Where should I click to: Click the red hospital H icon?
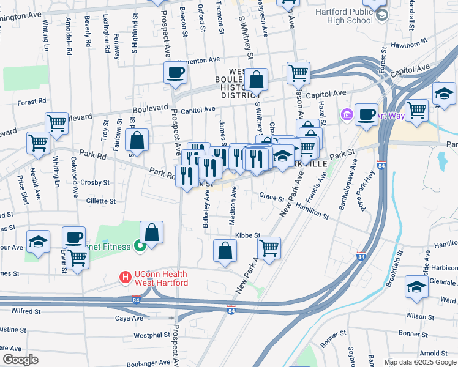pos(126,278)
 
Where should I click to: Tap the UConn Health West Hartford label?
pos(160,278)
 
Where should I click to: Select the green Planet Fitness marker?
pos(139,247)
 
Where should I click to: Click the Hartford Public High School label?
pos(343,16)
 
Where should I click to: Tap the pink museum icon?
pos(347,114)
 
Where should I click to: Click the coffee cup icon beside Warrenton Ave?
pos(175,73)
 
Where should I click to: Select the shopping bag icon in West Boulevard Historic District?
pos(257,79)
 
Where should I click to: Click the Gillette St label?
pos(100,201)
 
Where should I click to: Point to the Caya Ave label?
pos(129,318)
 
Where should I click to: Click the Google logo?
pos(20,360)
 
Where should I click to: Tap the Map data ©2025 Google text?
pos(419,362)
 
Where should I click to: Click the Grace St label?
pos(272,196)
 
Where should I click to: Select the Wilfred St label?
pos(26,311)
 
